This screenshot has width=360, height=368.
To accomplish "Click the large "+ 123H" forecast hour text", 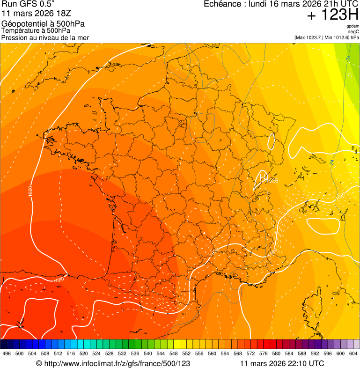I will [x=333, y=15].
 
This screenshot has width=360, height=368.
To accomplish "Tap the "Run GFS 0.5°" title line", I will [x=28, y=4].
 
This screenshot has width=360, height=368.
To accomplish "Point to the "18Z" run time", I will [x=61, y=13].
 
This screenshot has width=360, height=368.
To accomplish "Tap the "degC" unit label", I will [x=353, y=32].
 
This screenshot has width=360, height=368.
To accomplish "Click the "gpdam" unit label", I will [x=353, y=26].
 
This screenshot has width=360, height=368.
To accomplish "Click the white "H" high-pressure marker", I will [x=264, y=177].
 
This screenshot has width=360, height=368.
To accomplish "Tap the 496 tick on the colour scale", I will [x=7, y=353].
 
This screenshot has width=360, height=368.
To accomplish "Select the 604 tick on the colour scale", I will [x=353, y=353].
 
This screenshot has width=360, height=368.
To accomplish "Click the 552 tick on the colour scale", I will [x=186, y=353].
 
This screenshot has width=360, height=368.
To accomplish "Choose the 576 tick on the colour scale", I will [x=264, y=353].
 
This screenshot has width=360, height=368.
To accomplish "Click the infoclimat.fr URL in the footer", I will [x=117, y=363].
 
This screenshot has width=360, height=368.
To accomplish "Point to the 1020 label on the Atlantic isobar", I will [x=30, y=191].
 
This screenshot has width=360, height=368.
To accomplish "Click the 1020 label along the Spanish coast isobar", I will [x=59, y=280].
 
